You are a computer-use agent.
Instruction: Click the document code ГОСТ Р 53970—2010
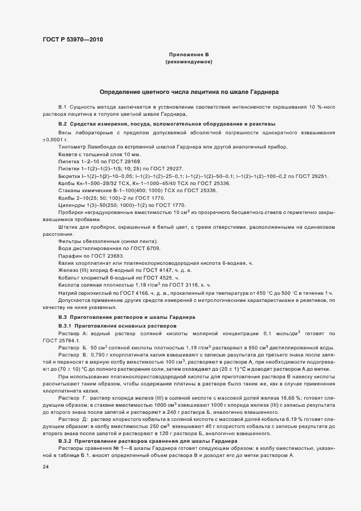[72, 39]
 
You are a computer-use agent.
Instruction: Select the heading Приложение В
[188, 55]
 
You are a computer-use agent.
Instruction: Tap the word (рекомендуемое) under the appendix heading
[188, 62]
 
